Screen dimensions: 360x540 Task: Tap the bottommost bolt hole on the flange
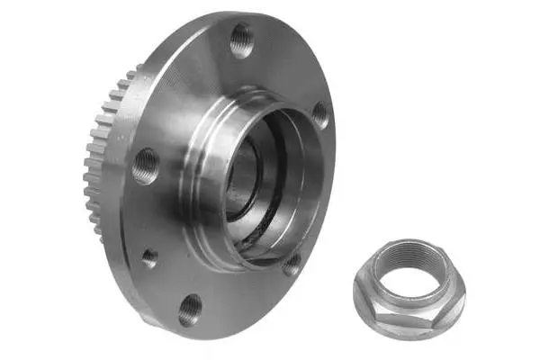tap(190, 310)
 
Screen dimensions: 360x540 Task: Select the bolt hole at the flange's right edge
tap(319, 114)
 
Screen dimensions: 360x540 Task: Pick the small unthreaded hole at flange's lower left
tap(149, 257)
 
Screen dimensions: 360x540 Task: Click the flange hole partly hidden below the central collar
tap(291, 264)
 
